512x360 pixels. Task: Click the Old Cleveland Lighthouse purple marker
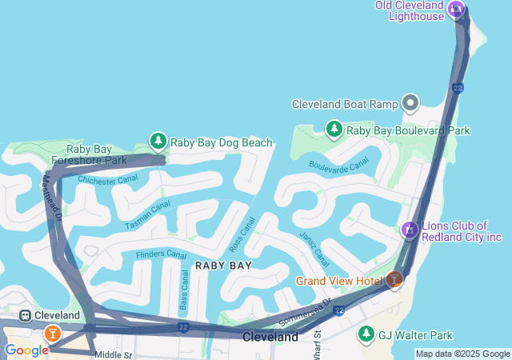(x=456, y=9)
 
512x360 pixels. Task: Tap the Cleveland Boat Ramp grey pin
(x=411, y=103)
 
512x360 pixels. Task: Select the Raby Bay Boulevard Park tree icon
(x=334, y=129)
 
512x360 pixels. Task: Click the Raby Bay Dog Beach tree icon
(x=158, y=142)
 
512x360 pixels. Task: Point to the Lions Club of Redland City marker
(x=410, y=230)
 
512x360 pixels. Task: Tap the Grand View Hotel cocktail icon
(x=394, y=279)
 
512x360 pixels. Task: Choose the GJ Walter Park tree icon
(x=366, y=334)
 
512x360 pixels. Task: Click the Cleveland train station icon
(x=26, y=315)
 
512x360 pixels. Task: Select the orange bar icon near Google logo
(x=52, y=334)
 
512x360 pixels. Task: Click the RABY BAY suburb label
(x=223, y=265)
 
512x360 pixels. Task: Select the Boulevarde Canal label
(x=338, y=163)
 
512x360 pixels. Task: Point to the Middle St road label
(x=112, y=354)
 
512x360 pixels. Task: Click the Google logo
(x=26, y=350)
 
